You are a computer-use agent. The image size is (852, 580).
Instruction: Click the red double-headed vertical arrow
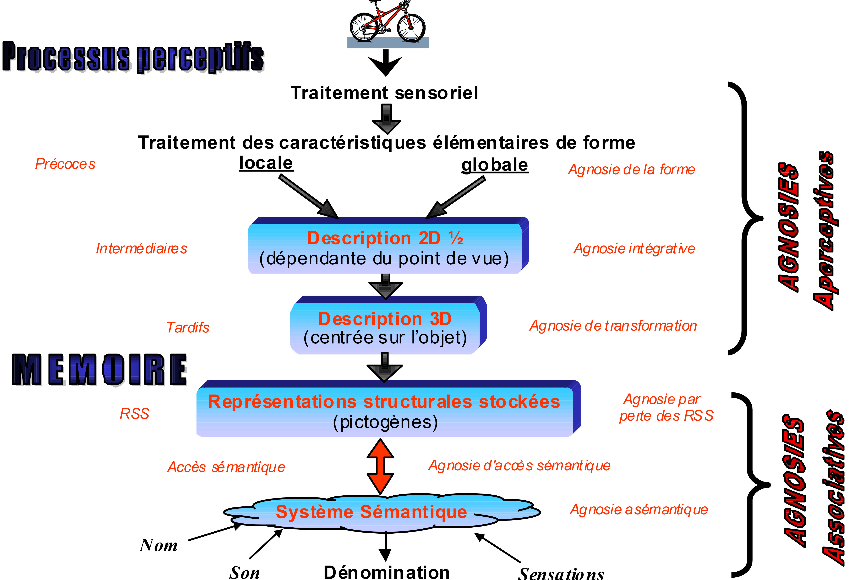coord(380,466)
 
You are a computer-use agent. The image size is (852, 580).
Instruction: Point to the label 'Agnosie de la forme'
coord(631,169)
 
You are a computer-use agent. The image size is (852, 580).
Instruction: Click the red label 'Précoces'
coord(65,164)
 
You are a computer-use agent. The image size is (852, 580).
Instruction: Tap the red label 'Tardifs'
coord(188,327)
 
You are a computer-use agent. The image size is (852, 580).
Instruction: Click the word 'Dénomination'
coord(386,572)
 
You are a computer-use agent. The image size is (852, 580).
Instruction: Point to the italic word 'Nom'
coord(158,545)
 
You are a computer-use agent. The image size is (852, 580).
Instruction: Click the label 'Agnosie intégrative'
coord(634,249)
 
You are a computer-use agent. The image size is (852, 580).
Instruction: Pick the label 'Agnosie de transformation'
coord(613,326)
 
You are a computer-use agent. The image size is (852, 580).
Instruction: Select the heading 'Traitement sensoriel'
coord(384,93)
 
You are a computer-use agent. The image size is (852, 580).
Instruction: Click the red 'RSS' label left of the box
coord(135,414)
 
